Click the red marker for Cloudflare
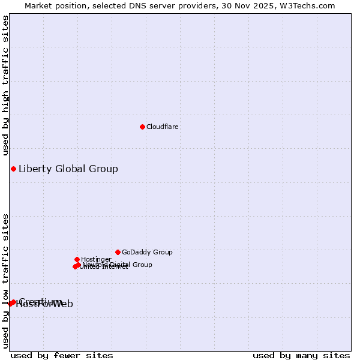click(142, 127)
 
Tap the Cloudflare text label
click(163, 127)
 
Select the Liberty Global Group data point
click(13, 169)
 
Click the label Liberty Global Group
click(68, 169)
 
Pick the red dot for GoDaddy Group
click(118, 252)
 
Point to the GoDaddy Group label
click(147, 253)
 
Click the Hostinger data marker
click(77, 259)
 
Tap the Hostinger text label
click(96, 260)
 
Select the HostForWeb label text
click(44, 304)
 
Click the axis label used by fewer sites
click(62, 355)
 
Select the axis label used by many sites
click(301, 355)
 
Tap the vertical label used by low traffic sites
click(6, 281)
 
